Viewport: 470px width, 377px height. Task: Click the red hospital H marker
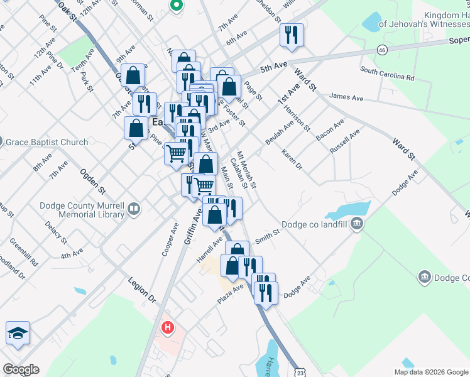(x=167, y=327)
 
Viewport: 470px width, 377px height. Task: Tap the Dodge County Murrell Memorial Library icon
(x=133, y=209)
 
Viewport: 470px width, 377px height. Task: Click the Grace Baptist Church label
(x=47, y=142)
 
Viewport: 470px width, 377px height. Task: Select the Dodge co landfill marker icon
(x=356, y=223)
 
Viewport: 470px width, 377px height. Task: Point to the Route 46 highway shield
(x=382, y=50)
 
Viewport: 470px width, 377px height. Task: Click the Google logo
(x=21, y=369)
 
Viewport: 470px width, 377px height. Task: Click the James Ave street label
(x=347, y=97)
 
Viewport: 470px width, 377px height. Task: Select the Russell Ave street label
(x=345, y=142)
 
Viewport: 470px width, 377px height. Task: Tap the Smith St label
(x=267, y=236)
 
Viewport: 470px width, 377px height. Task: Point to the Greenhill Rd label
(x=26, y=252)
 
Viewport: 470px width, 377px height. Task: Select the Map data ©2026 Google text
(x=431, y=372)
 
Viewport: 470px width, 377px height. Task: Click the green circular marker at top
(x=177, y=6)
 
